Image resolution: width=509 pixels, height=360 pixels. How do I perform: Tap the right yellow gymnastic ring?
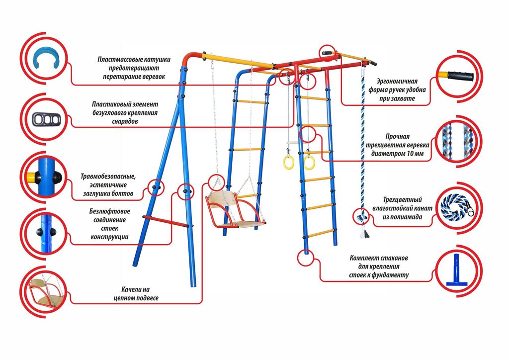pos(309,161)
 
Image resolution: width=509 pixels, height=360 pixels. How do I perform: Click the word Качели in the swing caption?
pos(132,289)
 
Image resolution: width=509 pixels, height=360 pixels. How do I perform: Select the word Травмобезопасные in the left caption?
pos(108,177)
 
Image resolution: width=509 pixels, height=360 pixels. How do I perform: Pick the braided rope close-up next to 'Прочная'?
pos(456,141)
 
